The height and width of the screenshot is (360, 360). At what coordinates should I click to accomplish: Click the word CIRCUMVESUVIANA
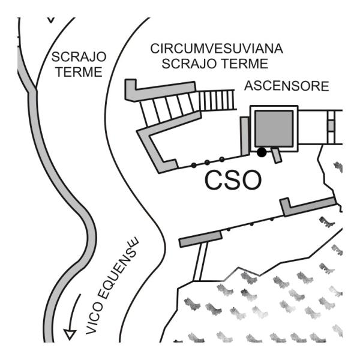tap(217, 49)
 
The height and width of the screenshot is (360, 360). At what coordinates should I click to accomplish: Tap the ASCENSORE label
tap(287, 86)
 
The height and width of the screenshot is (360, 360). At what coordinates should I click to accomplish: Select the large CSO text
tap(233, 180)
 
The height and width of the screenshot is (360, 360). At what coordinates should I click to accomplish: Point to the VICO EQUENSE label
tap(112, 286)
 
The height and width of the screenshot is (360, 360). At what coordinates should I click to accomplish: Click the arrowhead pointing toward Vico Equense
tap(70, 335)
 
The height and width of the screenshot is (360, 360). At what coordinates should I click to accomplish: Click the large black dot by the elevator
tap(262, 152)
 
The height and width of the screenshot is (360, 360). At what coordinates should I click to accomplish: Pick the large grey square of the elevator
tap(274, 128)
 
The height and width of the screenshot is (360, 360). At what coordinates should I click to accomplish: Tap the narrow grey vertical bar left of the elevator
tap(245, 136)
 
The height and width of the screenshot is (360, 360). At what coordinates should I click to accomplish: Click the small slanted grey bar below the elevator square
tap(276, 155)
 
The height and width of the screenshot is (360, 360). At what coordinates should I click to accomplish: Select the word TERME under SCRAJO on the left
tap(79, 72)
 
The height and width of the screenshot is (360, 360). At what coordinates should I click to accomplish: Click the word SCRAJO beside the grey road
tap(79, 57)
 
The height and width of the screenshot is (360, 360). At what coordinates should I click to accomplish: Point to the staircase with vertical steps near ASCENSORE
tap(217, 100)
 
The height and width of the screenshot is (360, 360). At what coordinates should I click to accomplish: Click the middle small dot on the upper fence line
tap(207, 163)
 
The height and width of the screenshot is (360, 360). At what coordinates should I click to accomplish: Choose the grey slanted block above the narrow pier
tap(200, 239)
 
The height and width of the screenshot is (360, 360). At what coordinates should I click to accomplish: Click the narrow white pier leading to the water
tap(200, 262)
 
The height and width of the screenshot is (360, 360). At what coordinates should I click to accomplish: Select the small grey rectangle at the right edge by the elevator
tap(331, 126)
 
